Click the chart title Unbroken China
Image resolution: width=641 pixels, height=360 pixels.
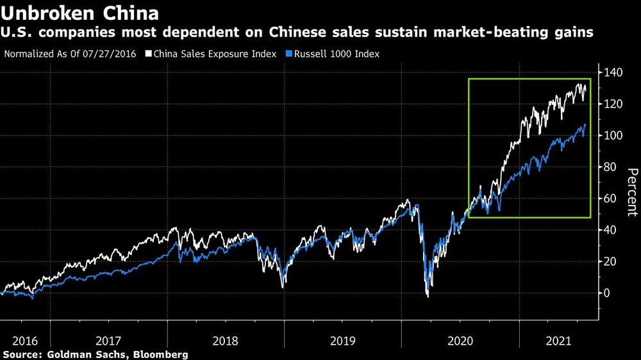coord(80,12)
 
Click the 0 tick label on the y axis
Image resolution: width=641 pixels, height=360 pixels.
coord(607,293)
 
